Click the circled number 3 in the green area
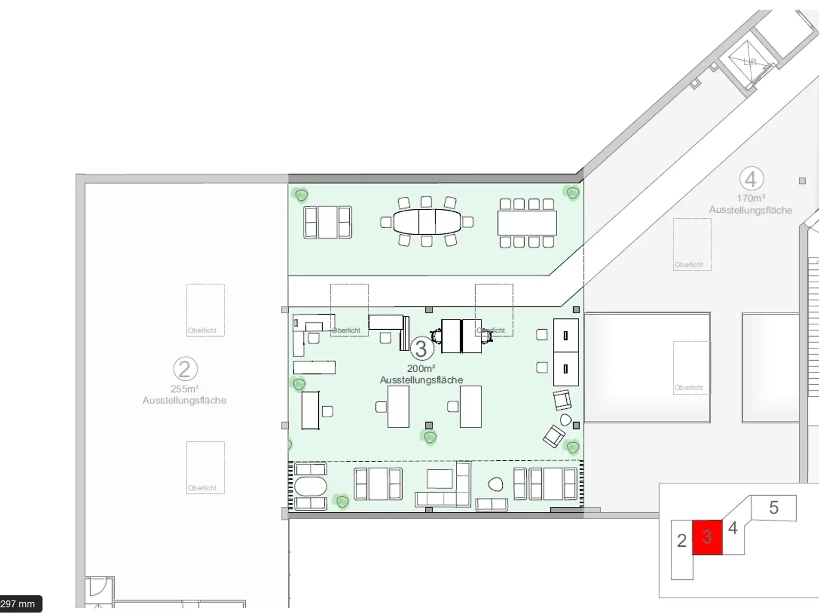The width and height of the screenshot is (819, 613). [x=421, y=349]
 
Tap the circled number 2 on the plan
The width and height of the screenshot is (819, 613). [x=185, y=369]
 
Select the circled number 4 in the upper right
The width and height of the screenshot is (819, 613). [x=751, y=179]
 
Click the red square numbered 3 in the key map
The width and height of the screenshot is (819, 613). [x=707, y=537]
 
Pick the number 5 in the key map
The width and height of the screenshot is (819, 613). [x=774, y=507]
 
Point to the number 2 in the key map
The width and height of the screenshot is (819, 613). [x=681, y=540]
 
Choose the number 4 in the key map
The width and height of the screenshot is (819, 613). [x=733, y=528]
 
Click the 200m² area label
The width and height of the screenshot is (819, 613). [x=421, y=369]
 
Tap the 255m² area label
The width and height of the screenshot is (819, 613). [x=184, y=389]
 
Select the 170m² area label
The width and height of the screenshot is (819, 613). [x=751, y=198]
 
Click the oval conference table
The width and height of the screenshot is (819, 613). [x=427, y=222]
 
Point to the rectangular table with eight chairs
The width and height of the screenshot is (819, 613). [x=527, y=223]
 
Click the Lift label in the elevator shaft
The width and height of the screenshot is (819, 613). [x=750, y=62]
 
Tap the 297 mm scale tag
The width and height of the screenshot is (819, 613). [x=18, y=604]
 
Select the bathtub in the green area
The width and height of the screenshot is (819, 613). [x=310, y=487]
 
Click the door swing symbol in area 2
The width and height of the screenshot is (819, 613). [x=98, y=588]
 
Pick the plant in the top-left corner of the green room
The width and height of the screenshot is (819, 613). [x=301, y=195]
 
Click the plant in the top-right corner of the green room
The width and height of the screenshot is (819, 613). [x=573, y=192]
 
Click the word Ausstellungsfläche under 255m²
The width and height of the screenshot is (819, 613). [x=184, y=400]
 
